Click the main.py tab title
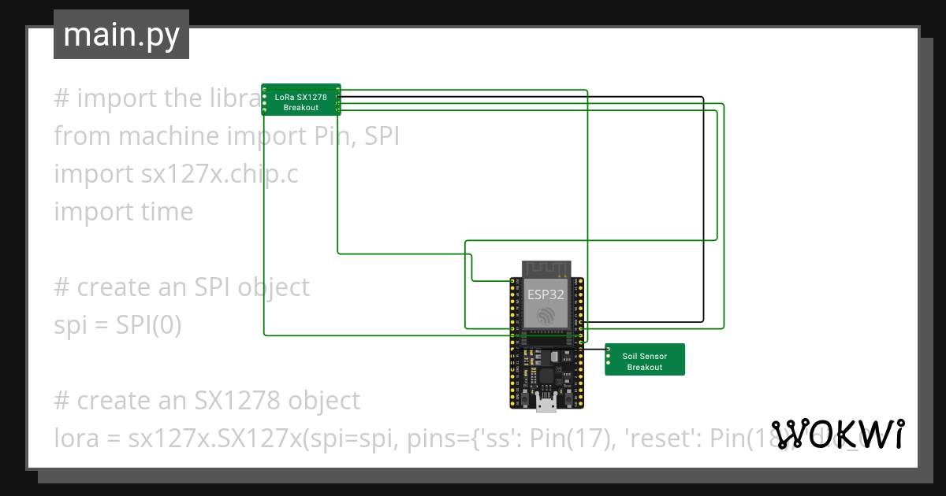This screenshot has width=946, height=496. tap(121, 35)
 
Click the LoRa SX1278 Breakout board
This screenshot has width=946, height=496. tap(301, 102)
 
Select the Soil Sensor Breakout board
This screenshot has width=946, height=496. tap(645, 360)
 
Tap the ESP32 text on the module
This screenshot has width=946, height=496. tap(546, 295)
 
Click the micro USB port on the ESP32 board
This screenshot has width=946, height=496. tap(546, 405)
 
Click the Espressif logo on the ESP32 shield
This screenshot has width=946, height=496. tap(546, 316)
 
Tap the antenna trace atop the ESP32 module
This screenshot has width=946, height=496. tap(546, 268)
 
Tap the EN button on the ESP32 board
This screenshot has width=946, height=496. tap(524, 401)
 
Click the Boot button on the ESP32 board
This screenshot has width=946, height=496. tap(568, 401)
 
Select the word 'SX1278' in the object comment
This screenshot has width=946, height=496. tap(237, 401)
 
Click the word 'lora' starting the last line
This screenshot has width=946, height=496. tap(76, 439)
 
